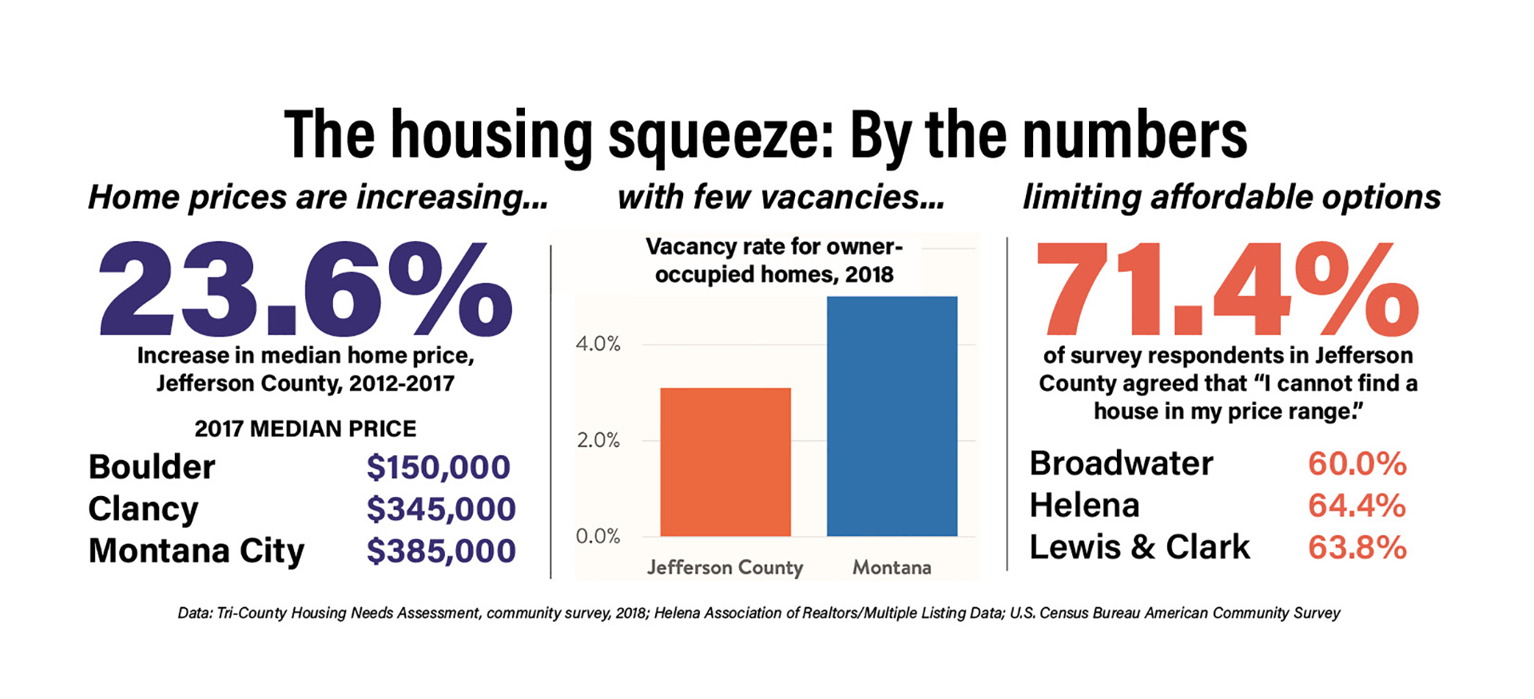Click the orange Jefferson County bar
coord(725,462)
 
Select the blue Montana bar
coord(892,416)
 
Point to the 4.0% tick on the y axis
coord(598,344)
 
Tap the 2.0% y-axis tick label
coord(598,440)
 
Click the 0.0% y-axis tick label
coord(598,536)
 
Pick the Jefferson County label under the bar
coord(725,567)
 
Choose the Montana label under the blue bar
coord(892,567)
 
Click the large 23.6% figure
coord(304,289)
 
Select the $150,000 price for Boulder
coord(438,467)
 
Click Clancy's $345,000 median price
coord(441,509)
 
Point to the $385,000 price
coord(441,551)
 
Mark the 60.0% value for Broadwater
coord(1357,463)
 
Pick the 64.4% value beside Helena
coord(1357,506)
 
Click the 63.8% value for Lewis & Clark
coord(1357,547)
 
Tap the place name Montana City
coord(197,551)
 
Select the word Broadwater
coord(1121,463)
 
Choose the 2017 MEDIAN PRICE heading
coord(305,429)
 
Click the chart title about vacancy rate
coord(773,260)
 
